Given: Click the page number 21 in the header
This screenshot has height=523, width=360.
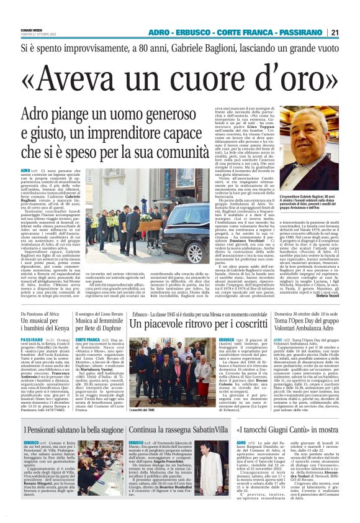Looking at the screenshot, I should (x=335, y=32).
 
